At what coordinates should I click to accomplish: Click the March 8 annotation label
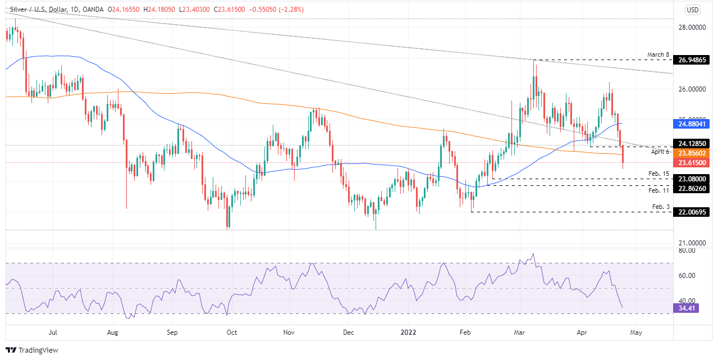click(x=658, y=54)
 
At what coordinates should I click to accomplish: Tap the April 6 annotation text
click(x=660, y=152)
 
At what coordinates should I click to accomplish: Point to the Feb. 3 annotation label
click(x=661, y=207)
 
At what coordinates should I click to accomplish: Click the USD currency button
click(x=693, y=10)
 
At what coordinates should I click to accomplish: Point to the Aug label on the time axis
click(x=113, y=332)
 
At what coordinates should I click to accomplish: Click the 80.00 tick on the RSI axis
click(x=688, y=250)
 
